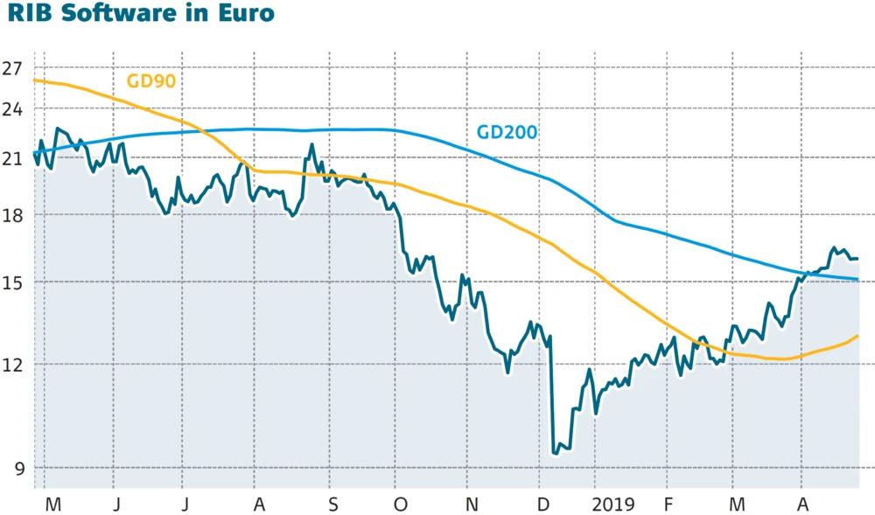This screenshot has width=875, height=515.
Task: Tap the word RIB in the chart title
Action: point(26,15)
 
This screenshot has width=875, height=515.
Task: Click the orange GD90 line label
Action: point(151,81)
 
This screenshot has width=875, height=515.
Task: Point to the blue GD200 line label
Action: point(507,133)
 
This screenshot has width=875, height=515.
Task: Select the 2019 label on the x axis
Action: point(611,505)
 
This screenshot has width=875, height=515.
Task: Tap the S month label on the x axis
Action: point(333,505)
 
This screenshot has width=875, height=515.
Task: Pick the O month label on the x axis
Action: point(401,505)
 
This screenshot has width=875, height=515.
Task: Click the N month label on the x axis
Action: point(472,505)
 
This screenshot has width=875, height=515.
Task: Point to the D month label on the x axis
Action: point(543,505)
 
